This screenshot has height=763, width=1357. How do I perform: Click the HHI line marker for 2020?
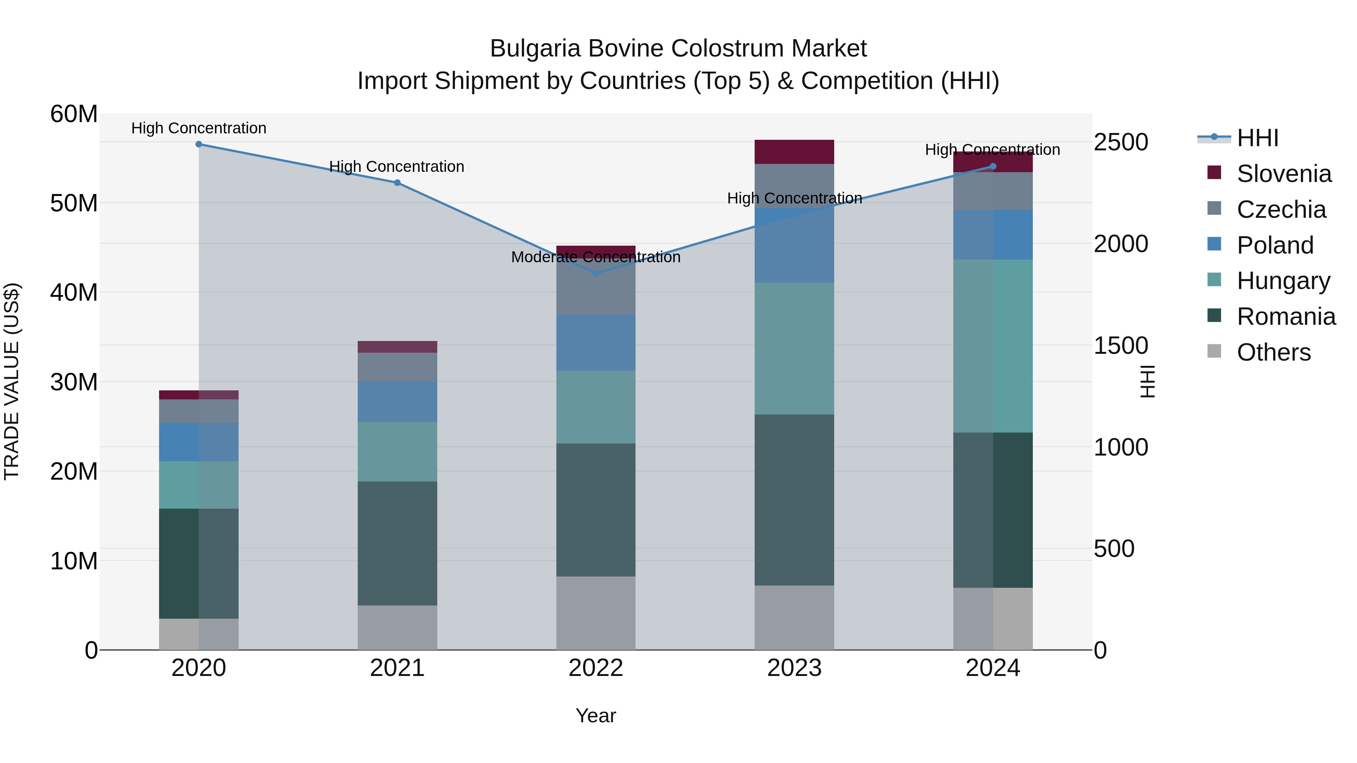coord(199,144)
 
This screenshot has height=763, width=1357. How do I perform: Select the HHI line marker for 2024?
coord(993,167)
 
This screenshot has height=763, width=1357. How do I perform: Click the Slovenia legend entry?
coord(1284,174)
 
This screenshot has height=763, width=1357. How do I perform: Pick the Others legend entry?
coord(1273,352)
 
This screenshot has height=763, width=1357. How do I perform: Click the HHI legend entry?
coord(1257,138)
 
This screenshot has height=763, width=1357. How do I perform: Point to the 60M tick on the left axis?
coord(74,114)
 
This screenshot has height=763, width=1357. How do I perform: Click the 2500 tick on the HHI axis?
coord(1121,142)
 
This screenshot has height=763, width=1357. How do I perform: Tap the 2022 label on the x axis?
coord(596,668)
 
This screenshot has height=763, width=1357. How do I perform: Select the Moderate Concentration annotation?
coord(596,257)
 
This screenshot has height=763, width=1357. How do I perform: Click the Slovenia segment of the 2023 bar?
coord(794,151)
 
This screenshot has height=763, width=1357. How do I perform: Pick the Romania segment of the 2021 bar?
coord(397,543)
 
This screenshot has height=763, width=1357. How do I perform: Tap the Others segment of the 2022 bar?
coord(596,613)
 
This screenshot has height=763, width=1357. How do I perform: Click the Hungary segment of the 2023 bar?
coord(794,348)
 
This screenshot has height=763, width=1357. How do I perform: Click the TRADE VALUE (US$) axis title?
coord(12,381)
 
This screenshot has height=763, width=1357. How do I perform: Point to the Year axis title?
coord(596,716)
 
